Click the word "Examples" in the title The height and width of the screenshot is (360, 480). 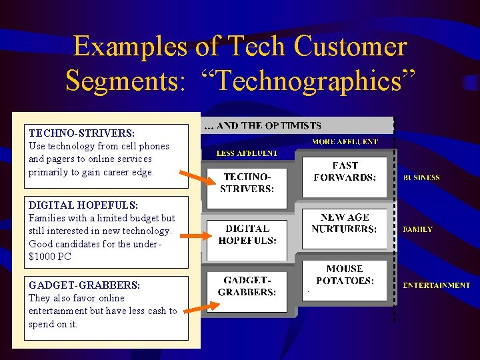coord(132,47)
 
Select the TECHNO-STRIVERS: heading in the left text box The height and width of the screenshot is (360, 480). coord(81,133)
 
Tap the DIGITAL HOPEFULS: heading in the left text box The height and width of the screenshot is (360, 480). coord(83,205)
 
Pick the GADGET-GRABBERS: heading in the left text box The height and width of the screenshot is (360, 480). coord(85,285)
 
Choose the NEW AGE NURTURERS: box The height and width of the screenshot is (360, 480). coord(344,223)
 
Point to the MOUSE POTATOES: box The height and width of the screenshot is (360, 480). coord(345,275)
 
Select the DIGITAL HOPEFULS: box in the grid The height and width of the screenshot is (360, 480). coord(247,235)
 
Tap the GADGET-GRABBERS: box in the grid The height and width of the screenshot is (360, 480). coord(247,287)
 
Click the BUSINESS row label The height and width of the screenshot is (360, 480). coord(421,178)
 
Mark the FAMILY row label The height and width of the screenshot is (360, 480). coord(418,229)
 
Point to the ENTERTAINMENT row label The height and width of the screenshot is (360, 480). coord(436,285)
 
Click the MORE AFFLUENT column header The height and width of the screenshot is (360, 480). coord(345,142)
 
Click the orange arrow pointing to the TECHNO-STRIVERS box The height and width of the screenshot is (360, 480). coord(199,177)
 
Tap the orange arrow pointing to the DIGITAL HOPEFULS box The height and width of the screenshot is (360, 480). coord(195,235)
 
